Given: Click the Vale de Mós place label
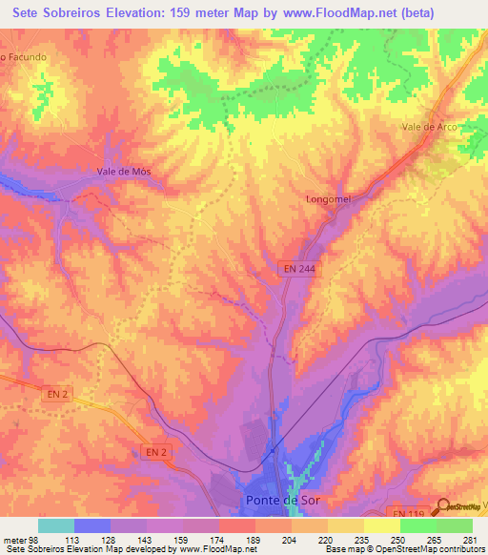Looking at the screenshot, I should (124, 171).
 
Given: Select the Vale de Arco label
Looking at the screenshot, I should (430, 127).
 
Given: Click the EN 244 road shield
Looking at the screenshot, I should (299, 270).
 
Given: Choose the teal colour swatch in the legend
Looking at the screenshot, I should (55, 525).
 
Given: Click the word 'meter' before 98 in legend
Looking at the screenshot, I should (14, 539).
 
